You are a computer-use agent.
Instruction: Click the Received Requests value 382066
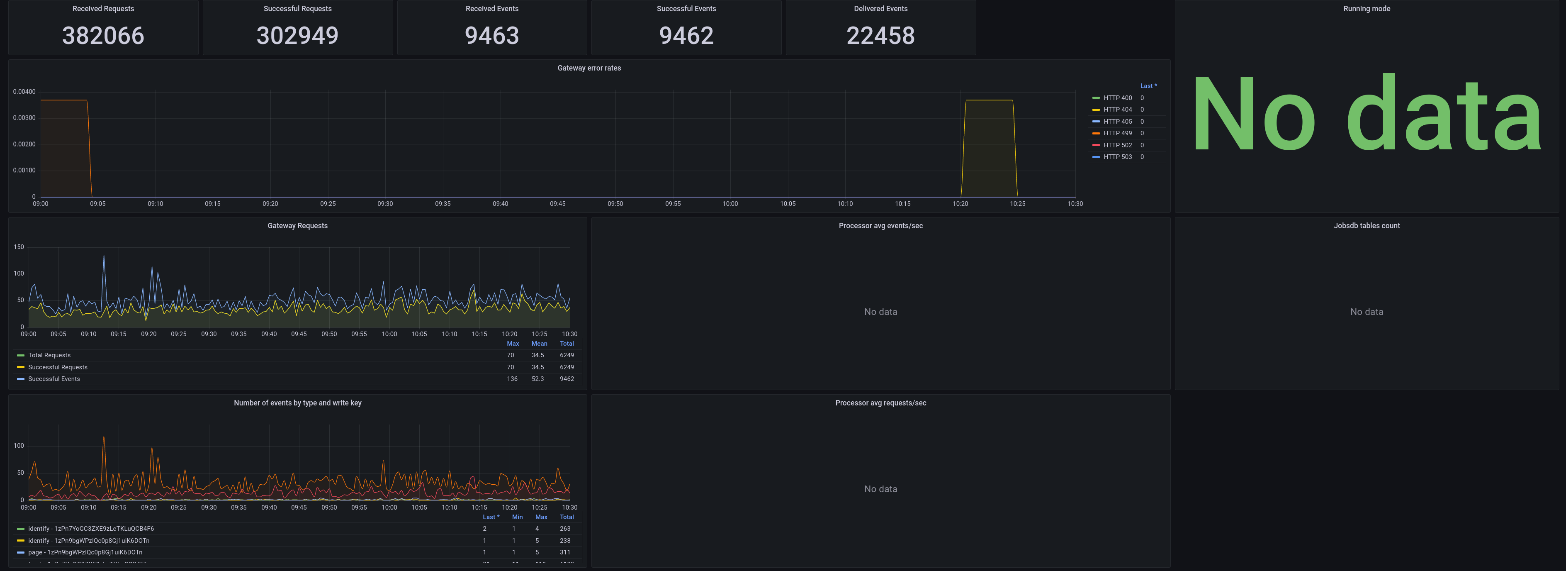tap(103, 35)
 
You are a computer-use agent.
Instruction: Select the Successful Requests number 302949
tap(297, 35)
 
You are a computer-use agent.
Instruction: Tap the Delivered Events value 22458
tap(880, 35)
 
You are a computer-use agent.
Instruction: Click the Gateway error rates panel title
tap(589, 68)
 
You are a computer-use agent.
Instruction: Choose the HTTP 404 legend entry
tap(1117, 110)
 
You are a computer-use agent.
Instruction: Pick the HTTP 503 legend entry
tap(1117, 157)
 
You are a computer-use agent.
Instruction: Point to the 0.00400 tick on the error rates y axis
tap(24, 92)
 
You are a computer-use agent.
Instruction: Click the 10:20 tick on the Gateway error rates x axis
tap(960, 204)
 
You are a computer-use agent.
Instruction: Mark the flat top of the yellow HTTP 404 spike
tap(989, 100)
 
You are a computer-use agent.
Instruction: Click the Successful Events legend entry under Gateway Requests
tap(53, 379)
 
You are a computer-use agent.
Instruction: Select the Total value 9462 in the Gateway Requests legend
tap(567, 379)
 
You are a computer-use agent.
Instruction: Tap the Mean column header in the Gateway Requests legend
tap(539, 344)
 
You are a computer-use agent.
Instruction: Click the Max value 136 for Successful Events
tap(513, 379)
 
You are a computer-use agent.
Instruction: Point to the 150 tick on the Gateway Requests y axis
tap(19, 247)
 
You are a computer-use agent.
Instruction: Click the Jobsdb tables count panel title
tap(1367, 226)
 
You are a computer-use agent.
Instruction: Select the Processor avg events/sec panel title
tap(880, 226)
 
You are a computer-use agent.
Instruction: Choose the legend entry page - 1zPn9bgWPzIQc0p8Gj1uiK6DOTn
tap(85, 552)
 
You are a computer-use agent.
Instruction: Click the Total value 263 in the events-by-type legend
tap(565, 528)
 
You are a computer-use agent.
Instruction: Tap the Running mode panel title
tap(1367, 9)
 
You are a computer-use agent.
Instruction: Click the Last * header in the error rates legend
tap(1148, 86)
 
